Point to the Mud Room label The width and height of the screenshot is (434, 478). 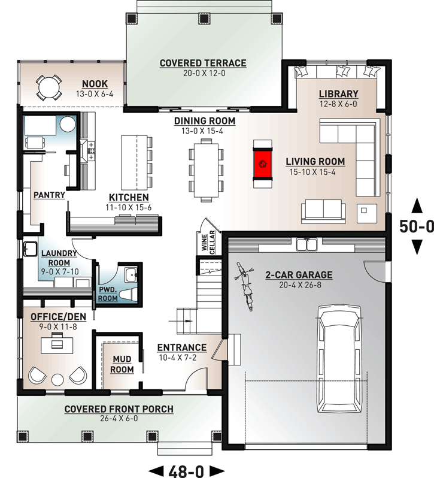tap(122, 364)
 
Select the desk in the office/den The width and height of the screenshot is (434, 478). tap(55, 344)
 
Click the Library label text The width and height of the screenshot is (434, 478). tap(338, 94)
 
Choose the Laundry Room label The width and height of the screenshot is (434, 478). tap(58, 258)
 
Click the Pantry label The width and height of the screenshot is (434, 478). tap(50, 195)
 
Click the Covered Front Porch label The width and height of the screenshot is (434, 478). tap(119, 409)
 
